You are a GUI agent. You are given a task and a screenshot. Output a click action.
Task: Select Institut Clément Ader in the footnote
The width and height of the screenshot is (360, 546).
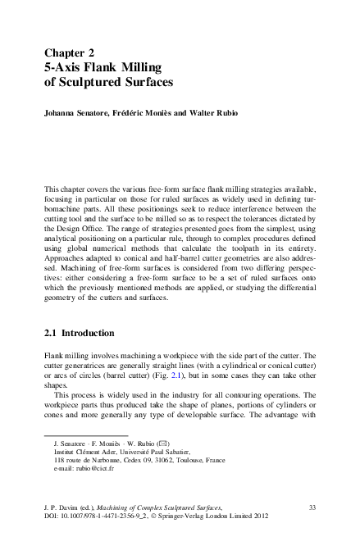tap(84, 452)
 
